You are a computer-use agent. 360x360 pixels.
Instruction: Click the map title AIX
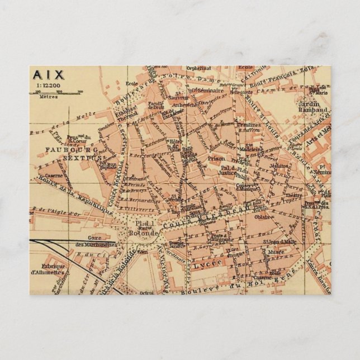(x=49, y=74)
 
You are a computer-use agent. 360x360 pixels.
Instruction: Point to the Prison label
(x=217, y=158)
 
